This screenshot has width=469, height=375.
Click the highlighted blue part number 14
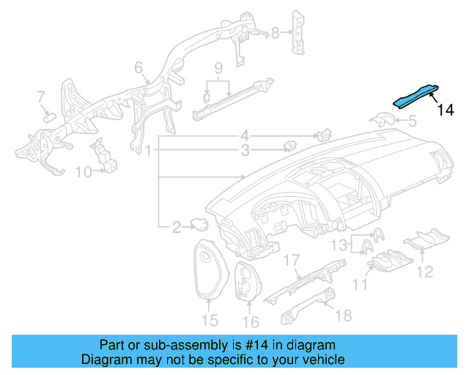click(x=416, y=96)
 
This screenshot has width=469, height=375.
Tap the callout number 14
click(x=446, y=111)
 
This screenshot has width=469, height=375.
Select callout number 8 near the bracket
click(x=276, y=32)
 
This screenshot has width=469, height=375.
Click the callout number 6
click(x=138, y=68)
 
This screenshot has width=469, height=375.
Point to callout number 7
click(x=41, y=97)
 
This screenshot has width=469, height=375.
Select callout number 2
click(x=177, y=229)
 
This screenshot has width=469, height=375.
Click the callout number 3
click(x=245, y=151)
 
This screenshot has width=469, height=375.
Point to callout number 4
click(x=245, y=135)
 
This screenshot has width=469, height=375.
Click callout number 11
click(x=360, y=283)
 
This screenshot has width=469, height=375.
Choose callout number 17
click(x=292, y=259)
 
